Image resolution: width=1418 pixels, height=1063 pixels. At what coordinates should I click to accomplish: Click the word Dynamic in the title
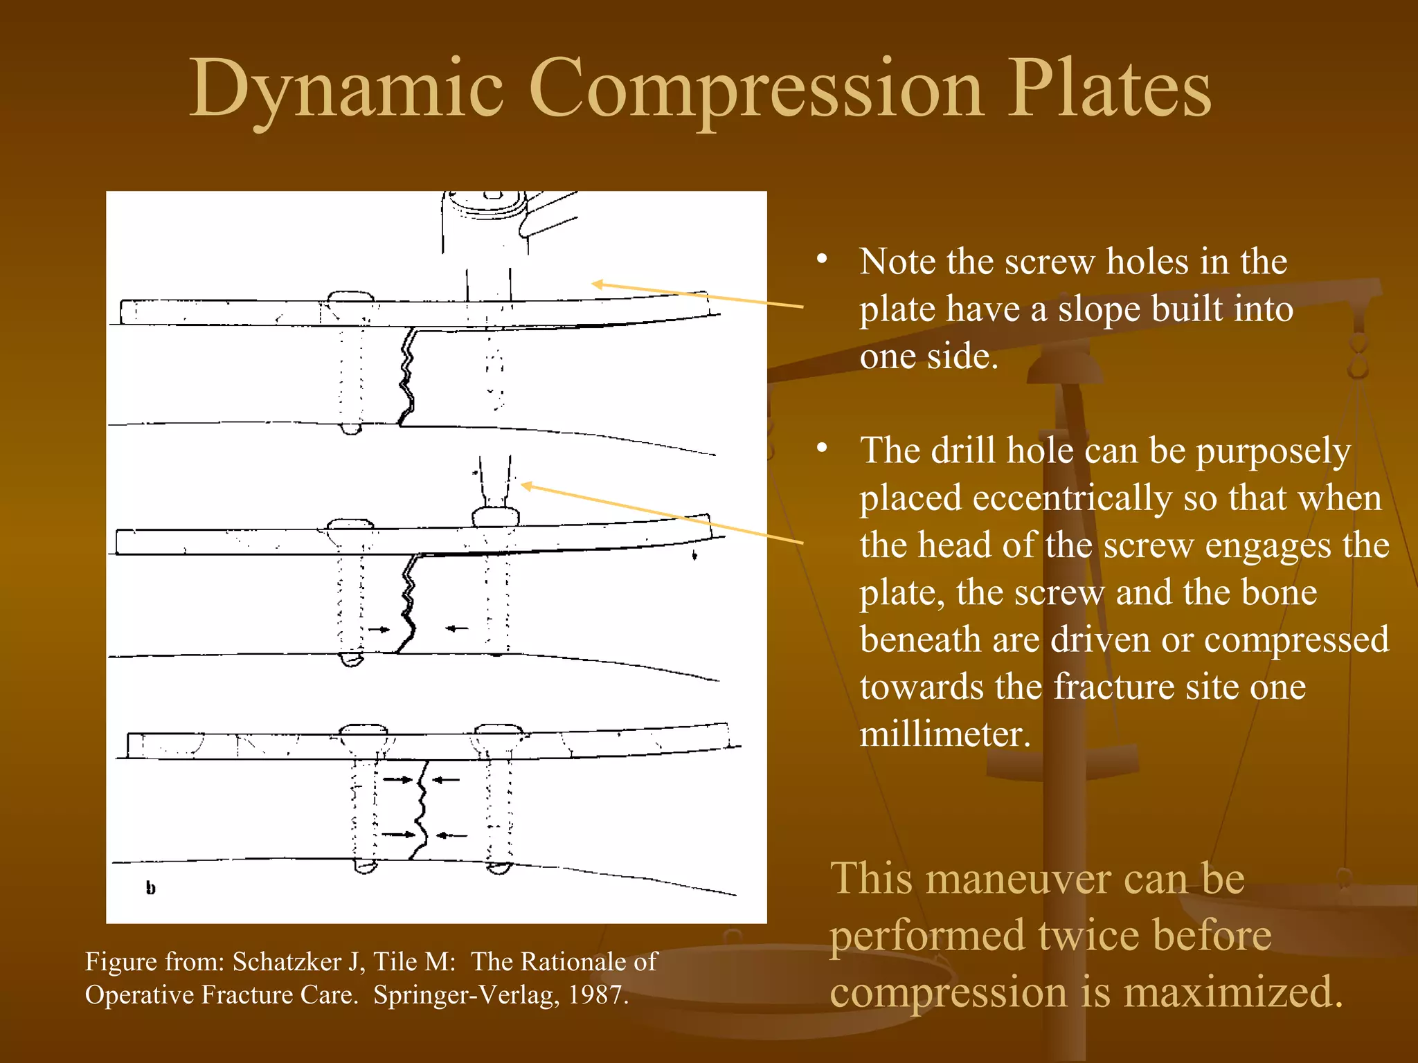tap(346, 90)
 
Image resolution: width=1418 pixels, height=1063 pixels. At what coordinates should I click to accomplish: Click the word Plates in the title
tap(1108, 90)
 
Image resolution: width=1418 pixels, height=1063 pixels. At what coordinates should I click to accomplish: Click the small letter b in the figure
tap(151, 888)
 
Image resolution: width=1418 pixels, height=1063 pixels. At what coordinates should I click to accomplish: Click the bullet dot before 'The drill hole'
tap(822, 448)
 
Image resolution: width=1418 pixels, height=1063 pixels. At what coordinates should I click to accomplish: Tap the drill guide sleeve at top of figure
tap(485, 221)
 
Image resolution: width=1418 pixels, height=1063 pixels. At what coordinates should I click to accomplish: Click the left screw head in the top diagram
tap(350, 298)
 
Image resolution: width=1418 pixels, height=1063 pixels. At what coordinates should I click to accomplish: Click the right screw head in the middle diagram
tap(496, 517)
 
